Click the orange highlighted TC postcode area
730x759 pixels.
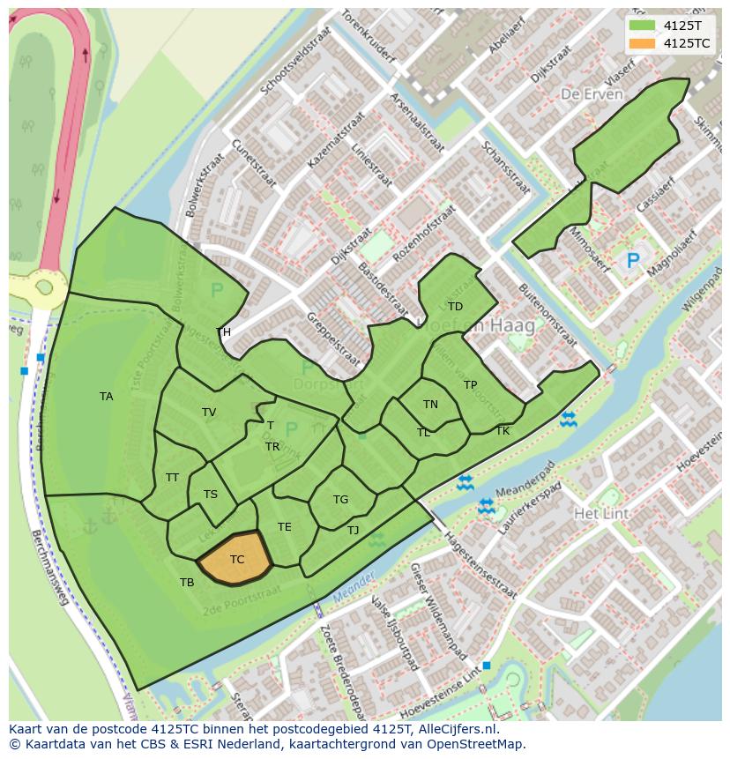(x=235, y=558)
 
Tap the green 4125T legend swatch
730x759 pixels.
(x=644, y=25)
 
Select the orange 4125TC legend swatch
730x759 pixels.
(x=644, y=42)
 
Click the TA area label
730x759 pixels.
(x=106, y=397)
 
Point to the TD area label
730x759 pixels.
(x=455, y=307)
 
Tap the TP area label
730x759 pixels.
(x=470, y=385)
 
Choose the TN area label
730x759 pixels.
(x=430, y=405)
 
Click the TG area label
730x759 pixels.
(x=340, y=500)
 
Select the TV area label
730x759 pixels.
(x=209, y=413)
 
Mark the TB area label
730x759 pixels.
(x=187, y=583)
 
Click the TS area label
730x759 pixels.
(x=210, y=495)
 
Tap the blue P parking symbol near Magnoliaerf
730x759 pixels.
(x=632, y=261)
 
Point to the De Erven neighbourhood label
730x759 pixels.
(x=592, y=94)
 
